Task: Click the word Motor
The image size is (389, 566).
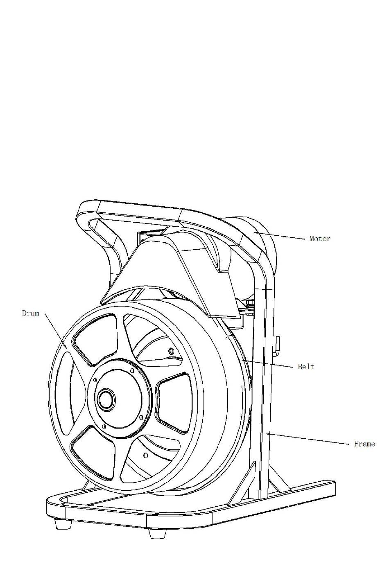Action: [x=320, y=239]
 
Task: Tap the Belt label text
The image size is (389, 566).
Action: [x=306, y=367]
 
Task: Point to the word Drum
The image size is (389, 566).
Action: [x=31, y=313]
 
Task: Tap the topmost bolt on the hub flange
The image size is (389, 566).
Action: [x=132, y=370]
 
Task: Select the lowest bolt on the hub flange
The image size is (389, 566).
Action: [x=104, y=426]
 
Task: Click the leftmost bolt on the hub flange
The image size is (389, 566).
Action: [x=95, y=380]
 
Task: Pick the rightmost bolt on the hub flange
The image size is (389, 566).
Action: [x=141, y=417]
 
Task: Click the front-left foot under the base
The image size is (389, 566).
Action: [x=62, y=523]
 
